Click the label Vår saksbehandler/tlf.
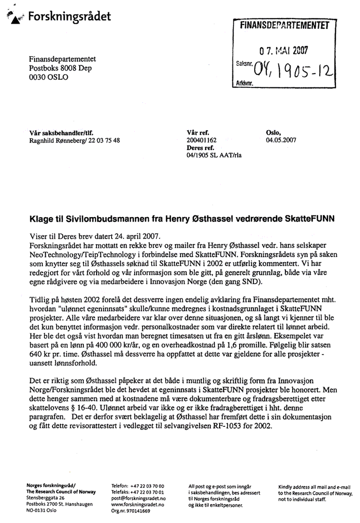(61, 133)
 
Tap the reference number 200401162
(202, 140)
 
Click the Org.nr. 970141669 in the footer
(131, 511)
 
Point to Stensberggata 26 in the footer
(46, 498)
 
